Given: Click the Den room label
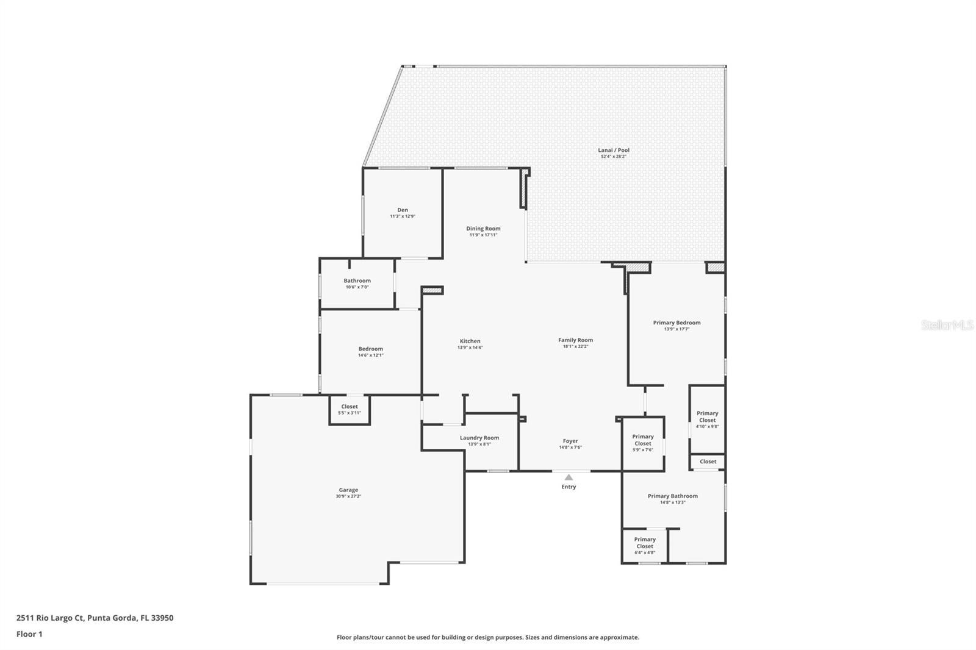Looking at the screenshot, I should [403, 210].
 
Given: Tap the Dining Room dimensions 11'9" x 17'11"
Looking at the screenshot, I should [483, 235].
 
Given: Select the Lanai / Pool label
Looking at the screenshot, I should [613, 150].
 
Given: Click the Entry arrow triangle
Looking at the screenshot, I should [569, 477].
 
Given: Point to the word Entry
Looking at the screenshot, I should [569, 487].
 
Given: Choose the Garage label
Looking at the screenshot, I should [348, 490].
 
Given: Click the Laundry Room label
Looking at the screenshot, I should [479, 438].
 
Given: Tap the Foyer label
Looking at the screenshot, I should [570, 441].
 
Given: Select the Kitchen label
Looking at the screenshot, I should [470, 341].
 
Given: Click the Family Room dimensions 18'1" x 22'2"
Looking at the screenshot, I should [575, 347].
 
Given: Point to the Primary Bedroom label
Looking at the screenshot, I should [676, 323].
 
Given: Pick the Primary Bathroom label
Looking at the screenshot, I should [672, 496].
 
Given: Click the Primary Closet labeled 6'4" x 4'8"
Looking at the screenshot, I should [644, 543].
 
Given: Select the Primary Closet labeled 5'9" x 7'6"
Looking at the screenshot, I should [642, 440].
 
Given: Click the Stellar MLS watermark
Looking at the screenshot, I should [947, 325].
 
